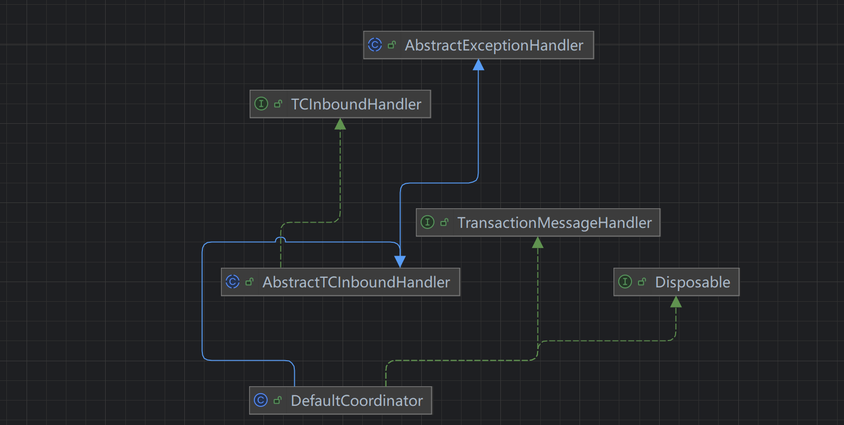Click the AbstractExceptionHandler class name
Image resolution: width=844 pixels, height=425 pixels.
(x=494, y=46)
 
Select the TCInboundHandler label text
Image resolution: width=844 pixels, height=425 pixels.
(x=356, y=105)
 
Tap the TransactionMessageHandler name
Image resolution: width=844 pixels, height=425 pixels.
(x=554, y=223)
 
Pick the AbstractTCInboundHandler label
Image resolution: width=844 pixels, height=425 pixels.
(x=356, y=283)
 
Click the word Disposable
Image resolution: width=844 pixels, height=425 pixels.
(x=692, y=283)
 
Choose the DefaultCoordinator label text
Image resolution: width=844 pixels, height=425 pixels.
(x=356, y=401)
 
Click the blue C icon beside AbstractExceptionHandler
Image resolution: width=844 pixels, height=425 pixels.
(x=375, y=45)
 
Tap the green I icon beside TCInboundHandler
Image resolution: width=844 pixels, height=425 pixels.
(x=261, y=104)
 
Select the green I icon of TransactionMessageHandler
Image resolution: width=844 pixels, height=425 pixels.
(x=428, y=223)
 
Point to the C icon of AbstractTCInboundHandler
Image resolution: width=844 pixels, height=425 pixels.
(x=233, y=282)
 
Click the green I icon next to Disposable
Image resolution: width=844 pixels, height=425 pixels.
(x=625, y=282)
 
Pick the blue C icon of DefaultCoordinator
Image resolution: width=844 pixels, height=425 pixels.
(x=261, y=401)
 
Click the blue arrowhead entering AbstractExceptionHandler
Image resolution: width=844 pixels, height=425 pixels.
(x=479, y=65)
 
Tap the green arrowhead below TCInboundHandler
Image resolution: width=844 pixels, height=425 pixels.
(x=340, y=124)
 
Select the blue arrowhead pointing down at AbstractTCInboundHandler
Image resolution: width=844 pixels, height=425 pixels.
(x=400, y=261)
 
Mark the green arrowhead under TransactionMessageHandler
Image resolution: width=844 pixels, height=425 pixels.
(x=538, y=243)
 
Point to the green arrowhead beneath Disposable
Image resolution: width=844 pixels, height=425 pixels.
(x=676, y=302)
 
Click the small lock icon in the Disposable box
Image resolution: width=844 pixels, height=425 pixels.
(x=642, y=282)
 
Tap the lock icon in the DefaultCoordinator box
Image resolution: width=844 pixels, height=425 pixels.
(x=277, y=401)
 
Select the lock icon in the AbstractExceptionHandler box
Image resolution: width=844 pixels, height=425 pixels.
(x=391, y=45)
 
